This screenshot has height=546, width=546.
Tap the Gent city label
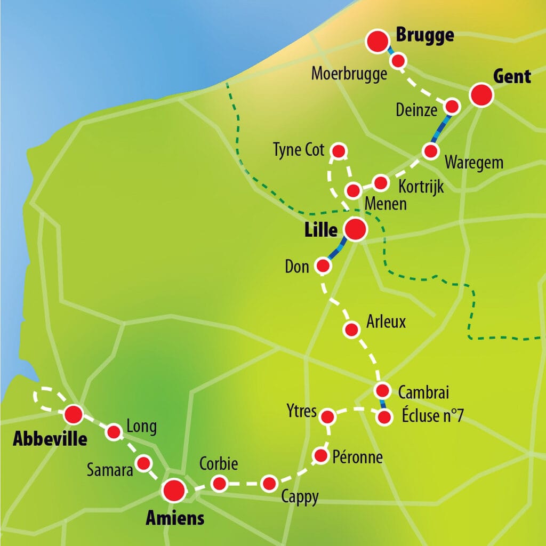(x=512, y=76)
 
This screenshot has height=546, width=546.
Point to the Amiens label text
(x=175, y=518)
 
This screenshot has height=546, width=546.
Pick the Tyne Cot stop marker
(x=339, y=150)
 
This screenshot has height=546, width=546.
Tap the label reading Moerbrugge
(x=349, y=74)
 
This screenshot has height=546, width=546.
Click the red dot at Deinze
(x=452, y=106)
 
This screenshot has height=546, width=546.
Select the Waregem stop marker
(x=430, y=151)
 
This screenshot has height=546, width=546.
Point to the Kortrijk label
(x=421, y=187)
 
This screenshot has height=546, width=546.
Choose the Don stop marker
(x=323, y=266)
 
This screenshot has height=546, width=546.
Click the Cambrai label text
(x=424, y=393)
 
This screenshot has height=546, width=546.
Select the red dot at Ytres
(x=328, y=416)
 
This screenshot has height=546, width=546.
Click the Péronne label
(x=357, y=457)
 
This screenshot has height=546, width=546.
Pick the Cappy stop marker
(x=269, y=484)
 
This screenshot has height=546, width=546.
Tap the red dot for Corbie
(x=219, y=484)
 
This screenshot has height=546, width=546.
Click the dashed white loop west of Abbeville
(x=47, y=398)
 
